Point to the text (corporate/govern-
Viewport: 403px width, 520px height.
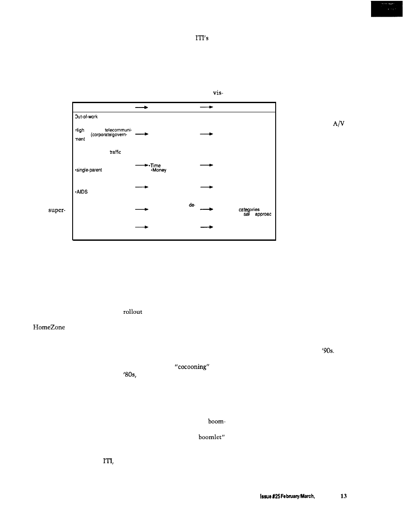(109, 135)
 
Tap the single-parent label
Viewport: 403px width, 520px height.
(89, 170)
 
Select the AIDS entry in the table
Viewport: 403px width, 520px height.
(81, 191)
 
